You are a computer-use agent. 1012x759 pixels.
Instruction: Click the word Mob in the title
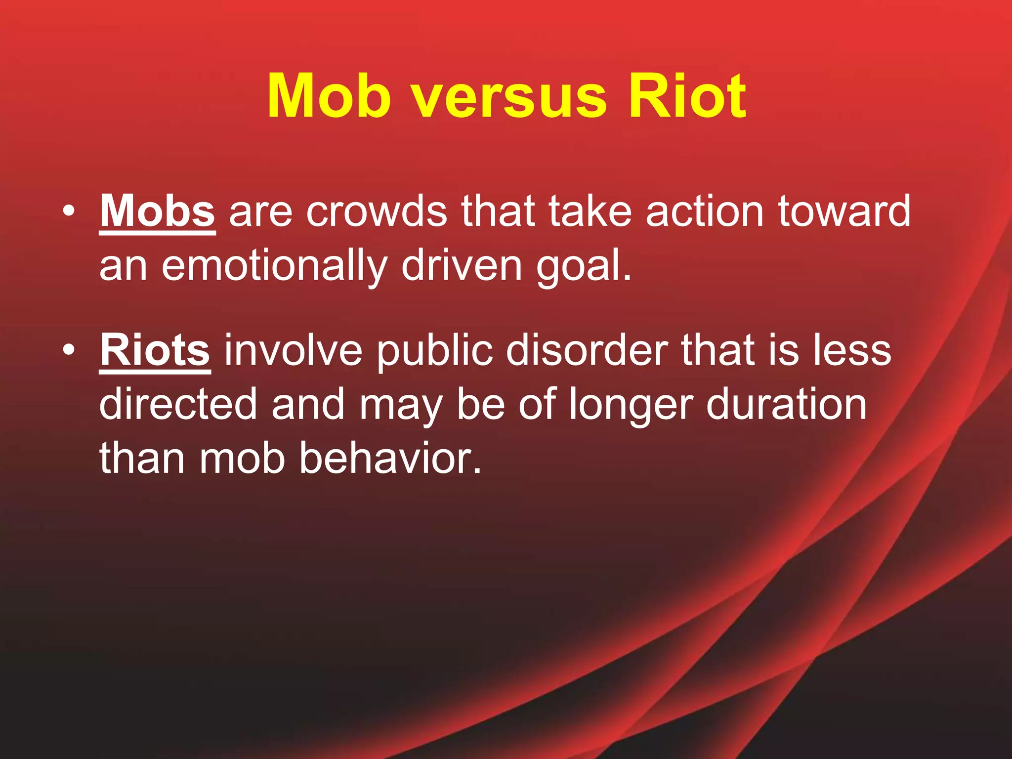click(329, 96)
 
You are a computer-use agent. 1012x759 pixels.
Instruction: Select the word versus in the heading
click(509, 99)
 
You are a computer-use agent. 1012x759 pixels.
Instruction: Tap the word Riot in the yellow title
click(687, 96)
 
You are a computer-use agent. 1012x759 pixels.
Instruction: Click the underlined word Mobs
click(157, 211)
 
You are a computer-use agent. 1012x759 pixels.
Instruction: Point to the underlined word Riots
click(155, 350)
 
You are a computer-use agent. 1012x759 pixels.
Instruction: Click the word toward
click(844, 211)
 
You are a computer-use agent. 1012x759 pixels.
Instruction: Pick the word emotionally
click(275, 266)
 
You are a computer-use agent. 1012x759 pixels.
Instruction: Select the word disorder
click(586, 350)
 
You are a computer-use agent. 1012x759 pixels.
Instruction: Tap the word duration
click(786, 404)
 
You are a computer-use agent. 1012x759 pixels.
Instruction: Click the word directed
click(178, 404)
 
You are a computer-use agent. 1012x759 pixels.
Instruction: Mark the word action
click(705, 211)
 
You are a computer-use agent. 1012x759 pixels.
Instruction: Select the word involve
click(294, 350)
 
